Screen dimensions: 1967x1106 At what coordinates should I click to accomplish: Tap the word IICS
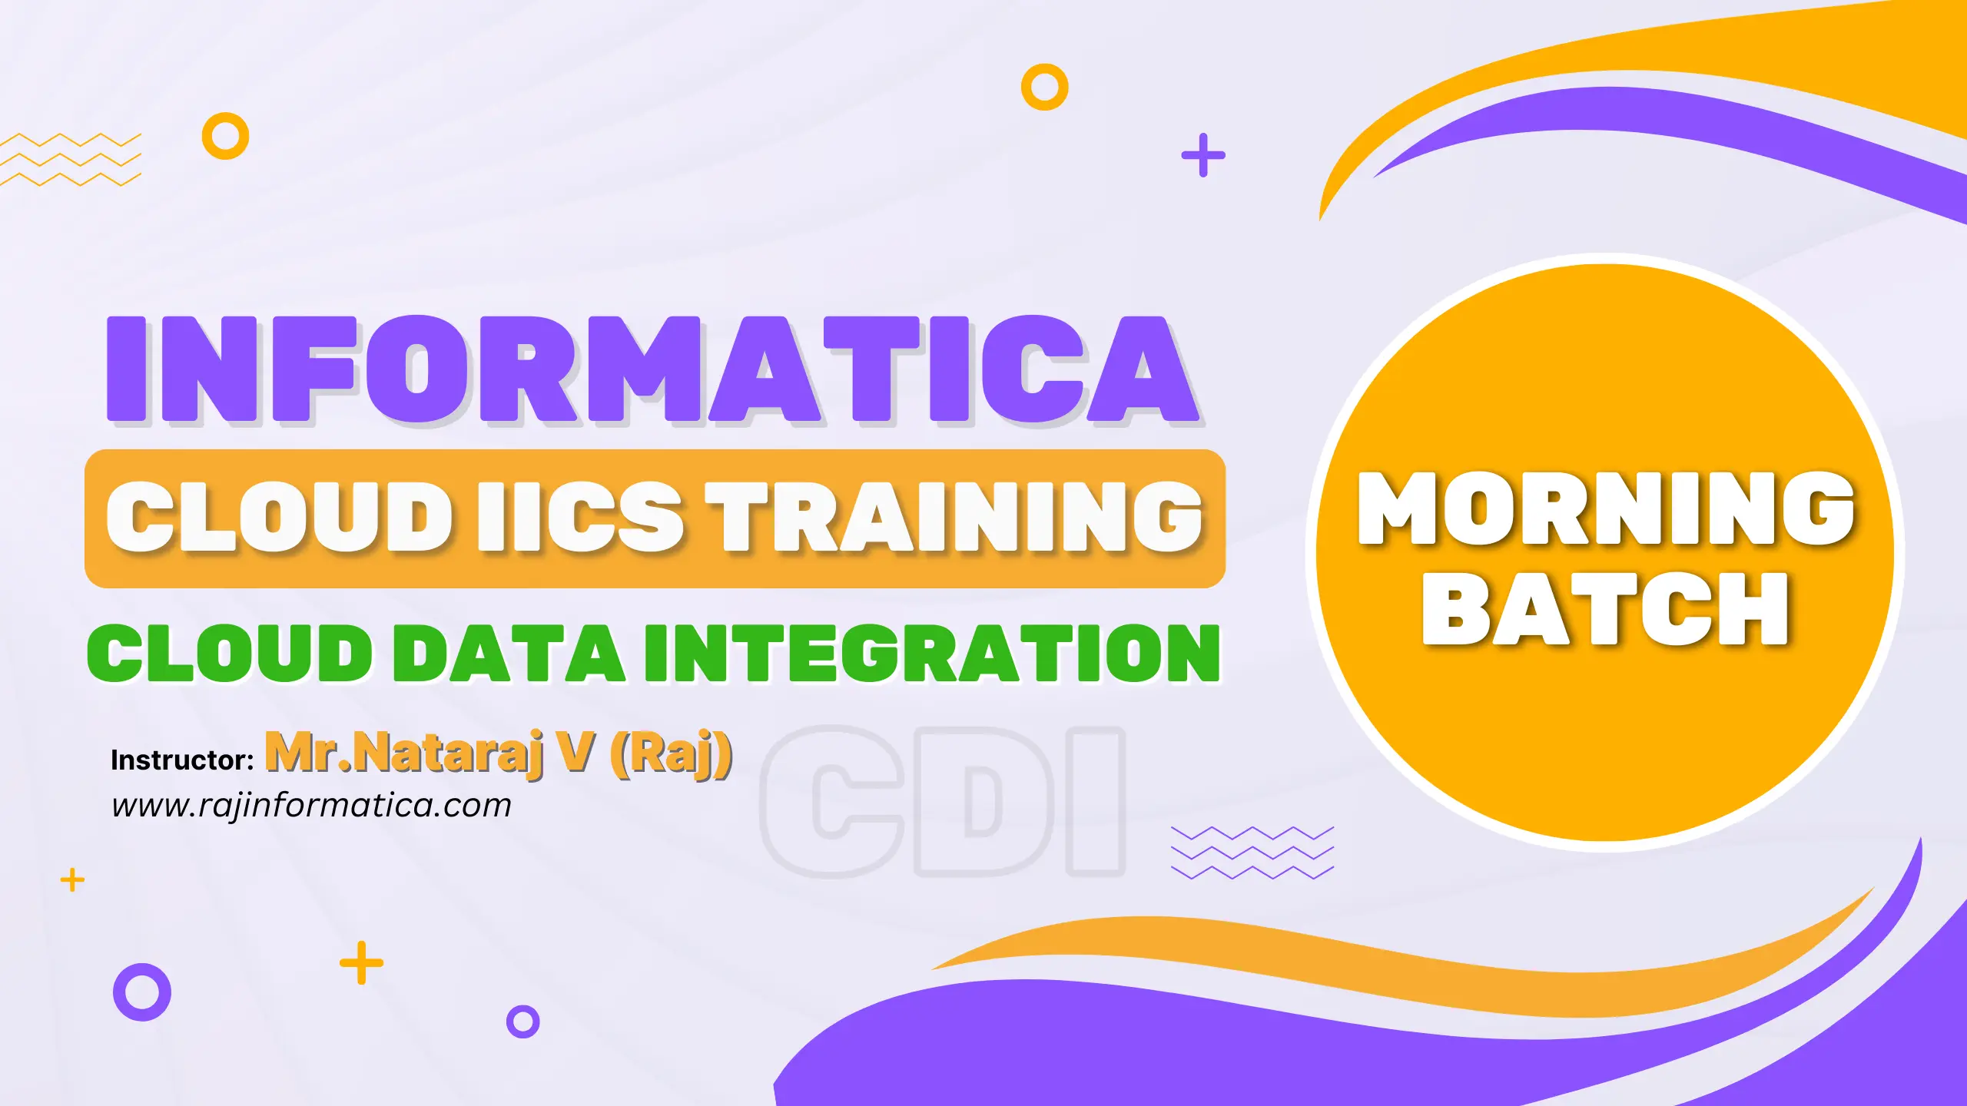tap(579, 516)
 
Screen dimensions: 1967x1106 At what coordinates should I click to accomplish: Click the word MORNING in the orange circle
tap(1606, 509)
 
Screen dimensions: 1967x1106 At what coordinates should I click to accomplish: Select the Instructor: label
tap(182, 760)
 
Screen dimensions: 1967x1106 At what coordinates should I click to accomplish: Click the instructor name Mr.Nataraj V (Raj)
tap(499, 753)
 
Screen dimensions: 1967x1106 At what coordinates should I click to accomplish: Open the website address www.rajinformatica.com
tap(311, 805)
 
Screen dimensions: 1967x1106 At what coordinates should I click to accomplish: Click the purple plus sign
tap(1203, 155)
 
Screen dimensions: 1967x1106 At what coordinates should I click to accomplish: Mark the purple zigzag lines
tap(1252, 853)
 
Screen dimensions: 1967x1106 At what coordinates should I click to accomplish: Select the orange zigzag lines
tap(71, 160)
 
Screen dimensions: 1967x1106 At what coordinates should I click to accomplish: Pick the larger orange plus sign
tap(361, 962)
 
